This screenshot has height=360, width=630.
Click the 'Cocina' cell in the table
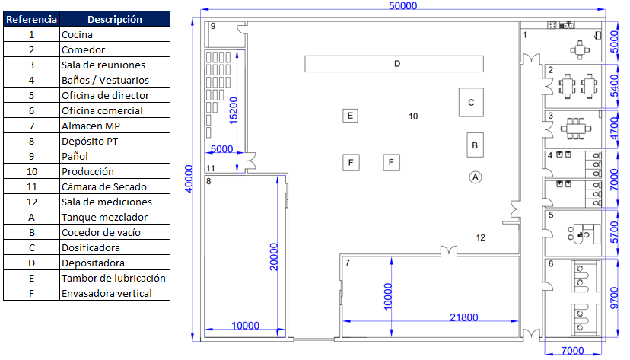pyautogui.click(x=115, y=34)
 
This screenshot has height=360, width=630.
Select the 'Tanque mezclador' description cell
pyautogui.click(x=115, y=218)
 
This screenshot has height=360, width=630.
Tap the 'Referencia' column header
pyautogui.click(x=31, y=19)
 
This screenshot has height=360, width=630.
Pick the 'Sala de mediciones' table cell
pyautogui.click(x=115, y=202)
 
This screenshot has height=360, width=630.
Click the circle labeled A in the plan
pyautogui.click(x=476, y=177)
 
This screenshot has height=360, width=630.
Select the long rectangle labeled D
pyautogui.click(x=394, y=64)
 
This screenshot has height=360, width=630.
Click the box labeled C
pyautogui.click(x=471, y=103)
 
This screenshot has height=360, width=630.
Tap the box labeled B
pyautogui.click(x=475, y=145)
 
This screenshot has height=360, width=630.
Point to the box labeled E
pyautogui.click(x=350, y=116)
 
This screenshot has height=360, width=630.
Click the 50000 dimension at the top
pyautogui.click(x=403, y=5)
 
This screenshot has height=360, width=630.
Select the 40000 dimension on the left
pyautogui.click(x=189, y=179)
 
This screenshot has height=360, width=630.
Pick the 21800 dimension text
pyautogui.click(x=463, y=317)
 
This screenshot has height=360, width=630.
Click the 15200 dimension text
pyautogui.click(x=233, y=110)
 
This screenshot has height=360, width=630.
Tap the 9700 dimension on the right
pyautogui.click(x=614, y=298)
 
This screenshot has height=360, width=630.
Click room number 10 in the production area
pyautogui.click(x=413, y=116)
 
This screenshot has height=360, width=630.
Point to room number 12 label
pyautogui.click(x=481, y=237)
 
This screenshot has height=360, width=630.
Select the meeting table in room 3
pyautogui.click(x=576, y=129)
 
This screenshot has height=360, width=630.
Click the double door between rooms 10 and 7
pyautogui.click(x=449, y=251)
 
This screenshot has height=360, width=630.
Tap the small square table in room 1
pyautogui.click(x=580, y=49)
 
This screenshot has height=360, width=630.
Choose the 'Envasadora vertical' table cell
pyautogui.click(x=115, y=293)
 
